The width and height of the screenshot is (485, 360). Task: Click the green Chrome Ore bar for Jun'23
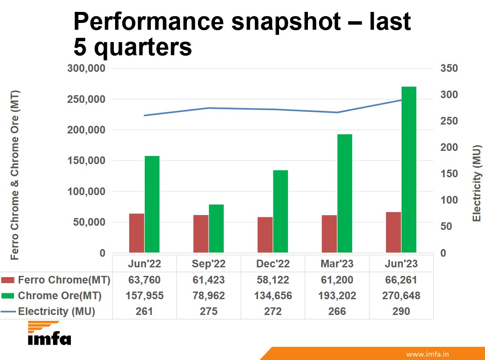click(x=409, y=170)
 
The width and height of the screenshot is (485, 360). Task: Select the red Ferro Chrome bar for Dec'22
click(x=265, y=235)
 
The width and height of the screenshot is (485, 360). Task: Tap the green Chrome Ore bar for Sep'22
click(x=216, y=229)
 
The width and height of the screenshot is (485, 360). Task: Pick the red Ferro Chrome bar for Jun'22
click(x=137, y=233)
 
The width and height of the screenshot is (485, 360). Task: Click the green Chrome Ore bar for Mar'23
click(x=345, y=193)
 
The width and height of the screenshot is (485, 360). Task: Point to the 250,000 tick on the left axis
click(x=87, y=99)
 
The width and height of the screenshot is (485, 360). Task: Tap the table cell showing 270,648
click(x=401, y=296)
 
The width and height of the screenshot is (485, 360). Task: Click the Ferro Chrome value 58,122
click(x=273, y=280)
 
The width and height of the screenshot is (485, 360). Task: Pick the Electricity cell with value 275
click(x=209, y=312)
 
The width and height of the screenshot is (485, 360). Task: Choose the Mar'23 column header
click(x=337, y=264)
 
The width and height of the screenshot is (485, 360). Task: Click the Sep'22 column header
click(x=209, y=264)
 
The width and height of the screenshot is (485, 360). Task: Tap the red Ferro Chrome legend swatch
click(x=8, y=280)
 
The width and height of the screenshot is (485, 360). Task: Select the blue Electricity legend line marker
click(x=8, y=312)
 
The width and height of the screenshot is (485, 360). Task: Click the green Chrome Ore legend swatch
click(x=8, y=296)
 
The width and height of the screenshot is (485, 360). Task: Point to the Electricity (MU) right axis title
click(x=477, y=183)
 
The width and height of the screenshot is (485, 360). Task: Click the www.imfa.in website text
click(x=428, y=354)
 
